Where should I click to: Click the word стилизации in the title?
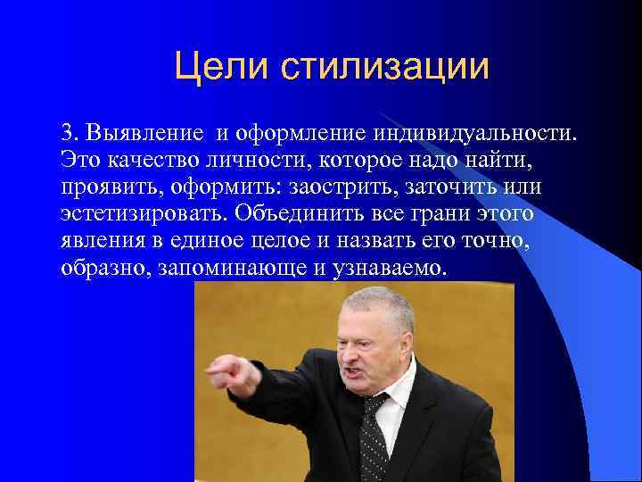point(385,67)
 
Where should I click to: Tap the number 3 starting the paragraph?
point(67,134)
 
